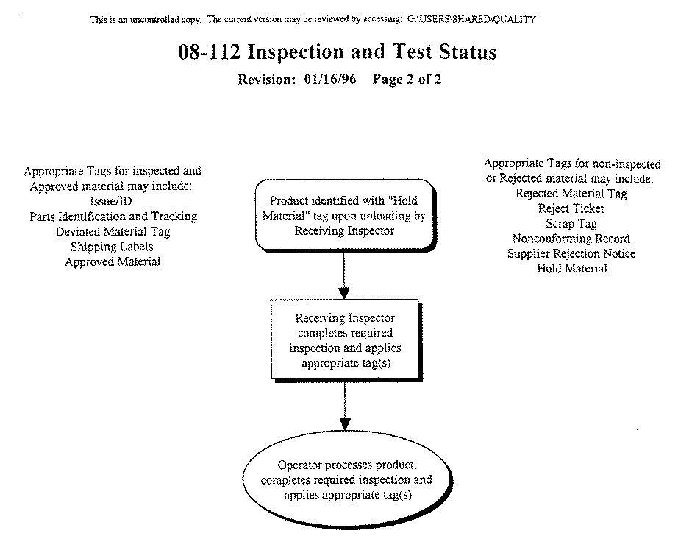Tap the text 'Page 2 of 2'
coord(407,80)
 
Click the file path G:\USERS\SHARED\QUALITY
coord(471,19)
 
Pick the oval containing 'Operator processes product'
coord(345,480)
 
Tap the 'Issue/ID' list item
coord(112,201)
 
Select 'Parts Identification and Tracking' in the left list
coord(113,216)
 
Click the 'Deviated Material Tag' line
coord(113,231)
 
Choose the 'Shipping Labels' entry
coord(112,247)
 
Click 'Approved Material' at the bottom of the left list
coord(112,261)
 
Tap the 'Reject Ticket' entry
coord(571,208)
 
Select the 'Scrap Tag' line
coord(571,224)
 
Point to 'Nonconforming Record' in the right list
coord(571,239)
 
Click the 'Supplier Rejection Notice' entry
coord(571,253)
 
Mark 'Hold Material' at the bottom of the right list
coord(571,269)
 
